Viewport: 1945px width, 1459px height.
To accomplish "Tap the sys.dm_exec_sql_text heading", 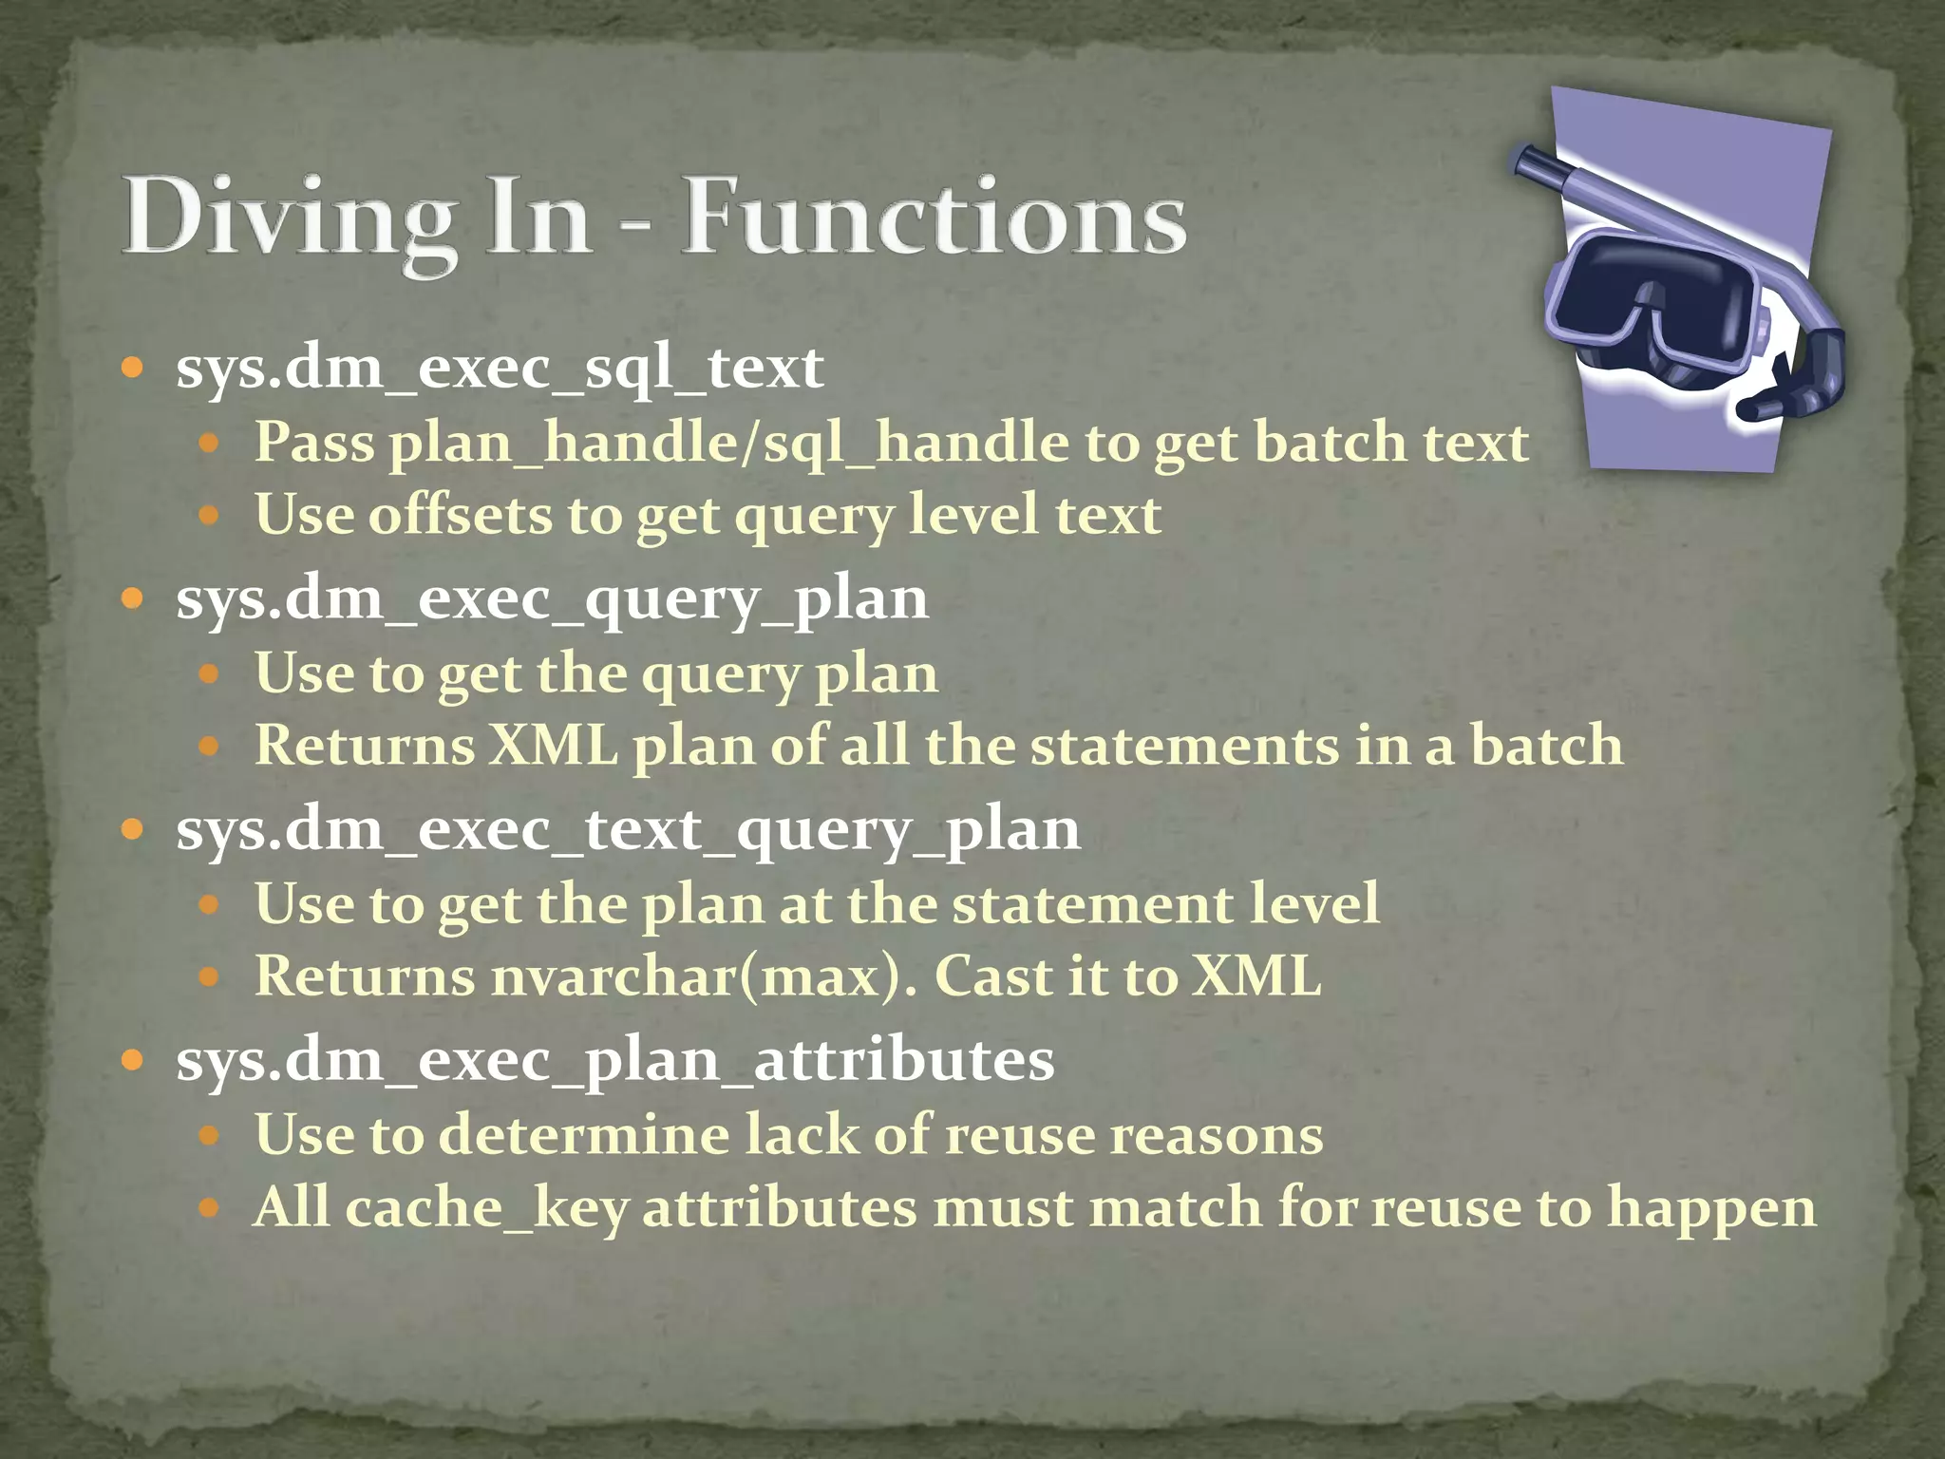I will [500, 368].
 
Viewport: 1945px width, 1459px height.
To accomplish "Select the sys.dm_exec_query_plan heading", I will [552, 599].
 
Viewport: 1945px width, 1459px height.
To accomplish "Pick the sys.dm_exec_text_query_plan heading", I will [628, 830].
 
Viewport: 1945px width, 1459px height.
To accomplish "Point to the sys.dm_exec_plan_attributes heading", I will [614, 1060].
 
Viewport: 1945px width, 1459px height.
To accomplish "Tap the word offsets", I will [460, 515].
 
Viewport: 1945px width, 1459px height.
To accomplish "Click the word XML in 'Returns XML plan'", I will [553, 746].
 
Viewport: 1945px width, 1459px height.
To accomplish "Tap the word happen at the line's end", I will [1710, 1208].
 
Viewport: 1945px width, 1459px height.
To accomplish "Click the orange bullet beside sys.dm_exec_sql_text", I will [133, 368].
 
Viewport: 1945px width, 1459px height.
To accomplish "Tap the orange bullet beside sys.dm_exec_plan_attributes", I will [133, 1060].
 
